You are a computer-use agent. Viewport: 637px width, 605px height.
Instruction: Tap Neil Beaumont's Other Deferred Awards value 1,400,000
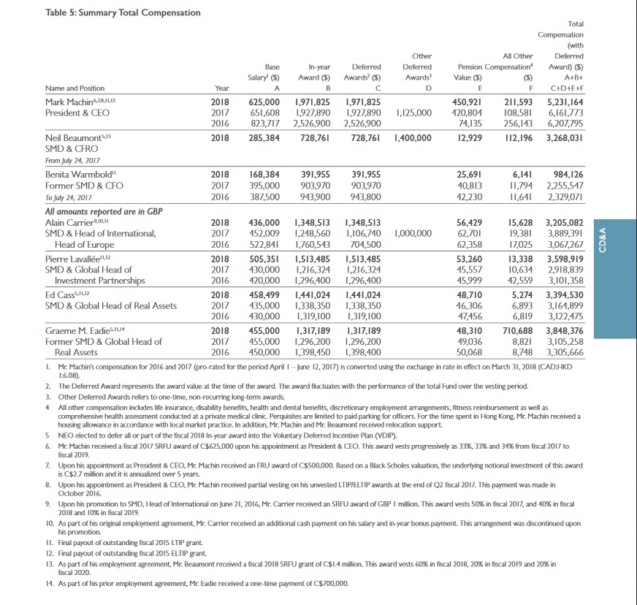point(412,137)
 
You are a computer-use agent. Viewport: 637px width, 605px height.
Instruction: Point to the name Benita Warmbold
point(75,175)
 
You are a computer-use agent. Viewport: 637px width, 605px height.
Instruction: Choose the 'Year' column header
point(220,88)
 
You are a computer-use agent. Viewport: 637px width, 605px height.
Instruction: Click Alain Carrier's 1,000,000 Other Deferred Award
point(412,233)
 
